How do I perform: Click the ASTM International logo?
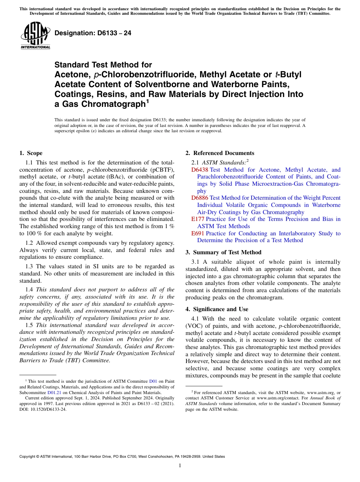[35, 36]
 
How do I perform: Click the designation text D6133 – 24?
[93, 33]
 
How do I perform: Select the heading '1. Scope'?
[31, 153]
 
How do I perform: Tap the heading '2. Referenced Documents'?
[220, 153]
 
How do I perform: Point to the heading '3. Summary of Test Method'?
[224, 252]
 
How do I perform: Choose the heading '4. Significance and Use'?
[217, 309]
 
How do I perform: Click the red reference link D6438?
[199, 170]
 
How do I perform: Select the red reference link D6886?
[199, 198]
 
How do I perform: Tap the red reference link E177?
[198, 219]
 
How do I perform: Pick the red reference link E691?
[198, 233]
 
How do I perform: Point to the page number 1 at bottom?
[180, 466]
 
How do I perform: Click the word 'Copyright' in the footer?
[28, 457]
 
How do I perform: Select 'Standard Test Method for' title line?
[103, 65]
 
